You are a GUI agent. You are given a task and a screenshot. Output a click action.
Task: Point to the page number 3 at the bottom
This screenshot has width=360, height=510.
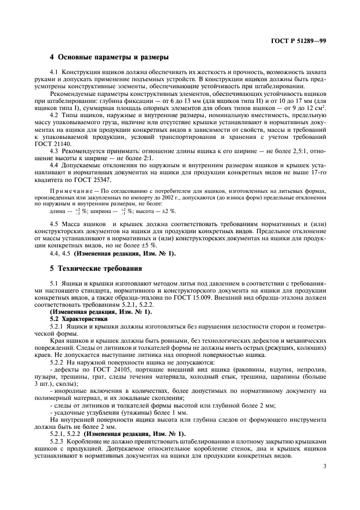click(325, 466)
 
